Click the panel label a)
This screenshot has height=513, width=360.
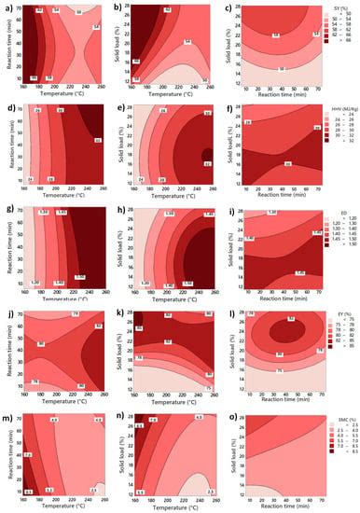[6, 6]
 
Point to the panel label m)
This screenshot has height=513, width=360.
[7, 410]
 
